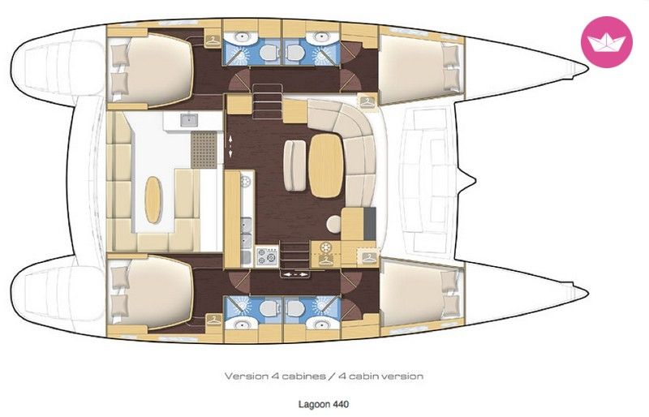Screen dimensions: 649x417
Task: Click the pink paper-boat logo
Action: [x=607, y=42]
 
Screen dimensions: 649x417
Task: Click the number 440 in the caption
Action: [x=341, y=404]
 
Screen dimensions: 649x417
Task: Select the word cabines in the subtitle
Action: [x=303, y=376]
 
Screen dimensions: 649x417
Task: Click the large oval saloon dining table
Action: [x=326, y=166]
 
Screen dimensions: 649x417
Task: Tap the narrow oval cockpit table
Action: [x=153, y=200]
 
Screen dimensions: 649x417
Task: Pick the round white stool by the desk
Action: [x=333, y=224]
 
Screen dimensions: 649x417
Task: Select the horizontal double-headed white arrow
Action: [x=294, y=274]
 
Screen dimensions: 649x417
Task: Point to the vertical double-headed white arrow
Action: [x=230, y=145]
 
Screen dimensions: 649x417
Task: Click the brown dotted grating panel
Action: [x=204, y=149]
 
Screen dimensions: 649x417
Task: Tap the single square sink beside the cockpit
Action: [x=189, y=120]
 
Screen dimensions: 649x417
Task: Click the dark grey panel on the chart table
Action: [x=370, y=224]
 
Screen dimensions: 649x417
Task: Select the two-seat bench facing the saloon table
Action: [x=294, y=166]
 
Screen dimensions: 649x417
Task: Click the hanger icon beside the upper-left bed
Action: [x=213, y=40]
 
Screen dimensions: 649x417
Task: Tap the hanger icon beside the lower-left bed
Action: [x=214, y=320]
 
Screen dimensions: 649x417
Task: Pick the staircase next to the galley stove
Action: [x=295, y=256]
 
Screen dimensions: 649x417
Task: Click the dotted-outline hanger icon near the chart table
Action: [x=369, y=256]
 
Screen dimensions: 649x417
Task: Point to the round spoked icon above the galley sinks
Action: [x=246, y=182]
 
